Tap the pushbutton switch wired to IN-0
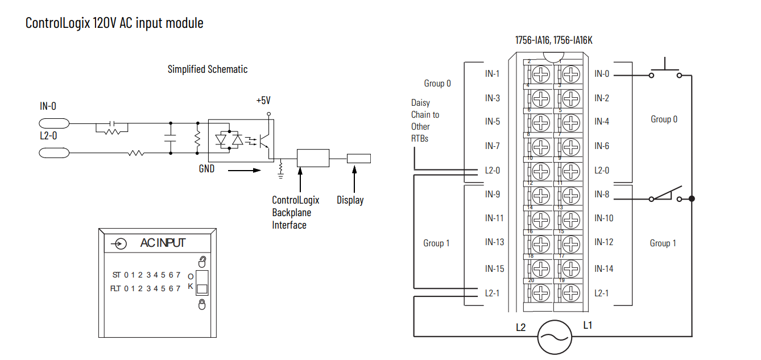pyautogui.click(x=665, y=71)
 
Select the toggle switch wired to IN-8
pyautogui.click(x=665, y=195)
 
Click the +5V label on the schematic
pyautogui.click(x=263, y=101)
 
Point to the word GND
pyautogui.click(x=206, y=168)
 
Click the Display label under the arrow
pyautogui.click(x=350, y=200)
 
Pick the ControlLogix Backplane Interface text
pyautogui.click(x=295, y=213)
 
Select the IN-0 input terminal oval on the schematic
pyautogui.click(x=54, y=123)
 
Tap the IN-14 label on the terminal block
pyautogui.click(x=603, y=268)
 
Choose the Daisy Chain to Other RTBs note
pyautogui.click(x=425, y=121)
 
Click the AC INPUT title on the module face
pyautogui.click(x=163, y=243)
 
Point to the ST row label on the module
pyautogui.click(x=116, y=275)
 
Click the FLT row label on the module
pyautogui.click(x=116, y=288)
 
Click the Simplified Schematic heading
pyautogui.click(x=208, y=69)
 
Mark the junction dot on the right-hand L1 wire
pyautogui.click(x=692, y=198)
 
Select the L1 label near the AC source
pyautogui.click(x=588, y=326)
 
